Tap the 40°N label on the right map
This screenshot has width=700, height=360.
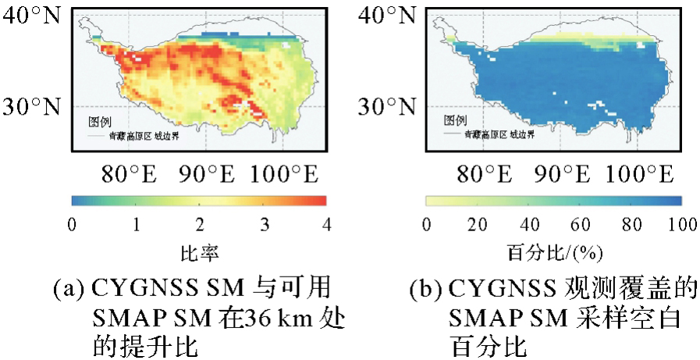pos(389,16)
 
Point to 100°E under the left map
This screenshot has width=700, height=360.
pos(283,175)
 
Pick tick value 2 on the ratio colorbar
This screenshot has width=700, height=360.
pos(199,225)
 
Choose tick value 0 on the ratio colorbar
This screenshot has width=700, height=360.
pos(73,225)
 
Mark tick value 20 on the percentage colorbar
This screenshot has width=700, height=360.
pos(478,225)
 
